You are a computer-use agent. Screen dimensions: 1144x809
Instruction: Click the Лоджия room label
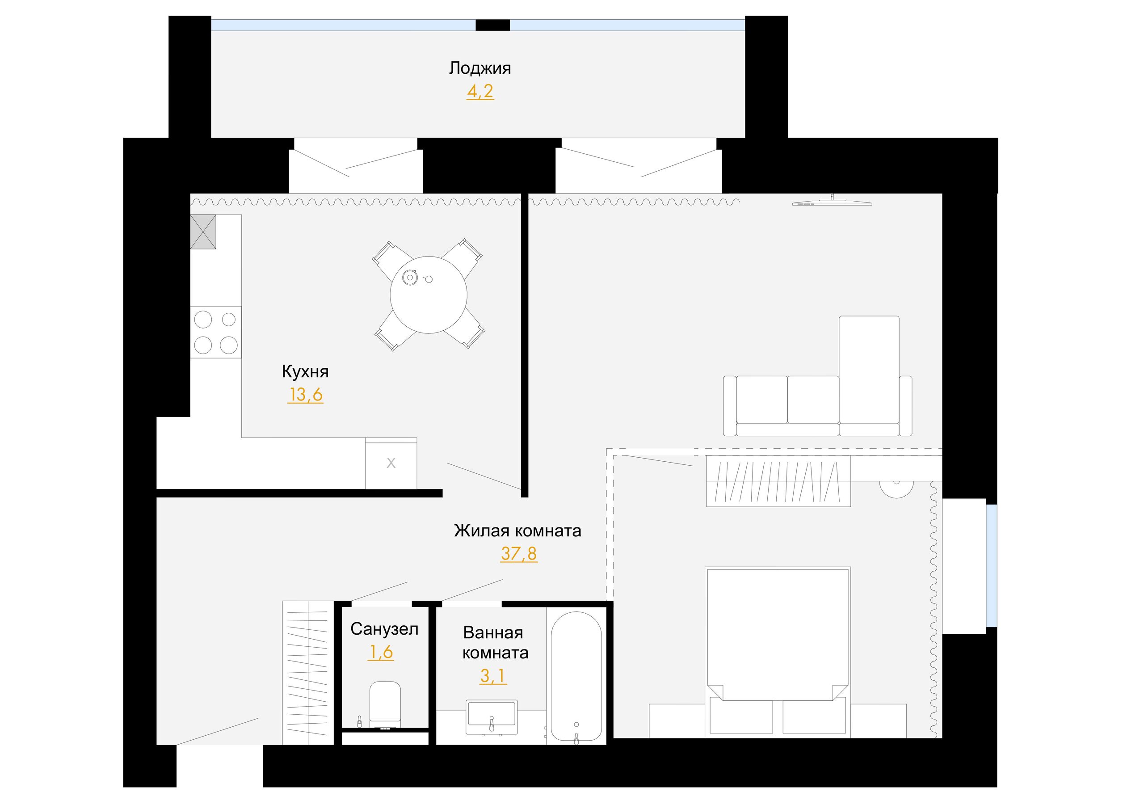tap(480, 68)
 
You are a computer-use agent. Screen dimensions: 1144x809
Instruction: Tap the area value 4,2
tap(480, 91)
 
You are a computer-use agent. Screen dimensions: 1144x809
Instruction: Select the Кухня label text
tap(305, 372)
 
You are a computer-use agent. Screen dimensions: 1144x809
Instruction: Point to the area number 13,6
tap(305, 395)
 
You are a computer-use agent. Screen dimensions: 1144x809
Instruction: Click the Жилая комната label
tap(517, 531)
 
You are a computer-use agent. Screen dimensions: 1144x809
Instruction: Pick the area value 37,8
tap(519, 554)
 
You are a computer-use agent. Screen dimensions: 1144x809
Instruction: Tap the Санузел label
tap(384, 629)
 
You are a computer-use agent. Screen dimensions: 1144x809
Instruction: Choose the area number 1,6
tap(381, 652)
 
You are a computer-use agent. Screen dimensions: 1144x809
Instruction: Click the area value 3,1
tap(493, 676)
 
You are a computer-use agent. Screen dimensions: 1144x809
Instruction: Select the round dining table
tap(429, 295)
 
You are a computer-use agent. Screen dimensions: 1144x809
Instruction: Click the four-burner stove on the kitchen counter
tap(216, 332)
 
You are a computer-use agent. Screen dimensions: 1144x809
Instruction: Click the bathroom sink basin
tap(491, 717)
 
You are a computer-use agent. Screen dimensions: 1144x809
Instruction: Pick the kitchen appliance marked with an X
tap(391, 463)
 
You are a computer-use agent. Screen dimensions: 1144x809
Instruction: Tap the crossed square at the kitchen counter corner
tap(203, 232)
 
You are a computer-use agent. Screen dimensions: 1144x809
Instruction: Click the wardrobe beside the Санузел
tap(308, 673)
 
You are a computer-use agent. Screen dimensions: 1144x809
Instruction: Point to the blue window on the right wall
tap(992, 566)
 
